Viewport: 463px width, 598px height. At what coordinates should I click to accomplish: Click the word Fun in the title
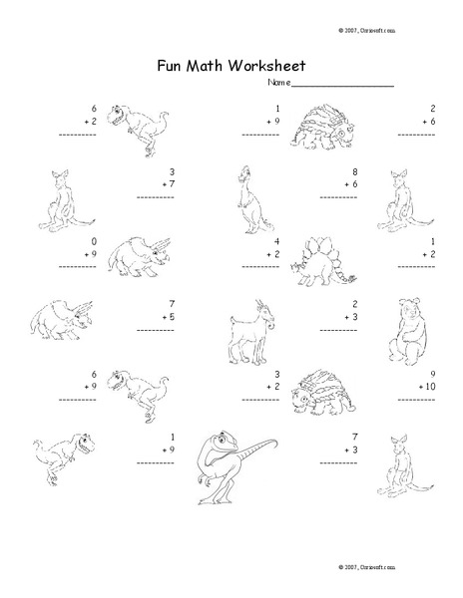[172, 67]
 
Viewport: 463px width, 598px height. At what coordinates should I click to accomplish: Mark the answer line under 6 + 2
[79, 132]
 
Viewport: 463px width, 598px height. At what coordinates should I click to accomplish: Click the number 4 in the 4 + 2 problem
[276, 241]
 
